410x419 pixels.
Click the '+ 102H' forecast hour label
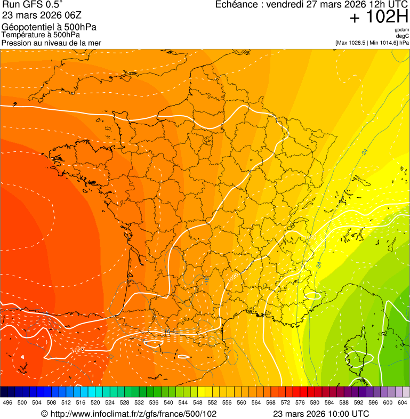point(379,17)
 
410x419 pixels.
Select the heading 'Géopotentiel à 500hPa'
point(49,27)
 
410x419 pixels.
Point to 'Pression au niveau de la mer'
point(51,43)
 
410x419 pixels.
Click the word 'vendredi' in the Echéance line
point(287,5)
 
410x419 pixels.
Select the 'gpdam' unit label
point(401,30)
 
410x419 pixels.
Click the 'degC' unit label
point(403,36)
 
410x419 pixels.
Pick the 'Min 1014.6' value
point(383,43)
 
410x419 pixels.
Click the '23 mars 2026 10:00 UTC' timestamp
point(320,414)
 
